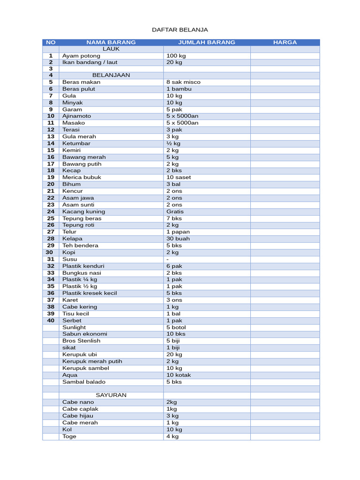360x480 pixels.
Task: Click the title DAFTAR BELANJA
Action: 180,30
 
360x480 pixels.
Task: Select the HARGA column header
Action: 285,42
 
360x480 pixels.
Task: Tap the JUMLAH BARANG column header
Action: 207,42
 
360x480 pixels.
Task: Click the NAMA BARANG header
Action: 111,42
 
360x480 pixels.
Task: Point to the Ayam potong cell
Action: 81,55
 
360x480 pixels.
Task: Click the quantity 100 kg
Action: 176,55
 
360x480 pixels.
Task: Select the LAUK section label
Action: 111,49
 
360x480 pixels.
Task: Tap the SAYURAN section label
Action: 111,395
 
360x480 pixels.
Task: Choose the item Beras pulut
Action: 79,89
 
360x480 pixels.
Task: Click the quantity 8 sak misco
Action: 183,82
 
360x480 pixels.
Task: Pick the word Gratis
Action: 175,211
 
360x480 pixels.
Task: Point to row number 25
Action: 51,218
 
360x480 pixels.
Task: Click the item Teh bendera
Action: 81,246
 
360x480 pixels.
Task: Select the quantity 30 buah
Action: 178,239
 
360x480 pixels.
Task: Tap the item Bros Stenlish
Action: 81,341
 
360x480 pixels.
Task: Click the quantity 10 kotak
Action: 179,375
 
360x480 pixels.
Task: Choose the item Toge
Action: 69,436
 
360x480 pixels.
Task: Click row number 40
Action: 51,321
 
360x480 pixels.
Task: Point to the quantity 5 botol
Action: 176,327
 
